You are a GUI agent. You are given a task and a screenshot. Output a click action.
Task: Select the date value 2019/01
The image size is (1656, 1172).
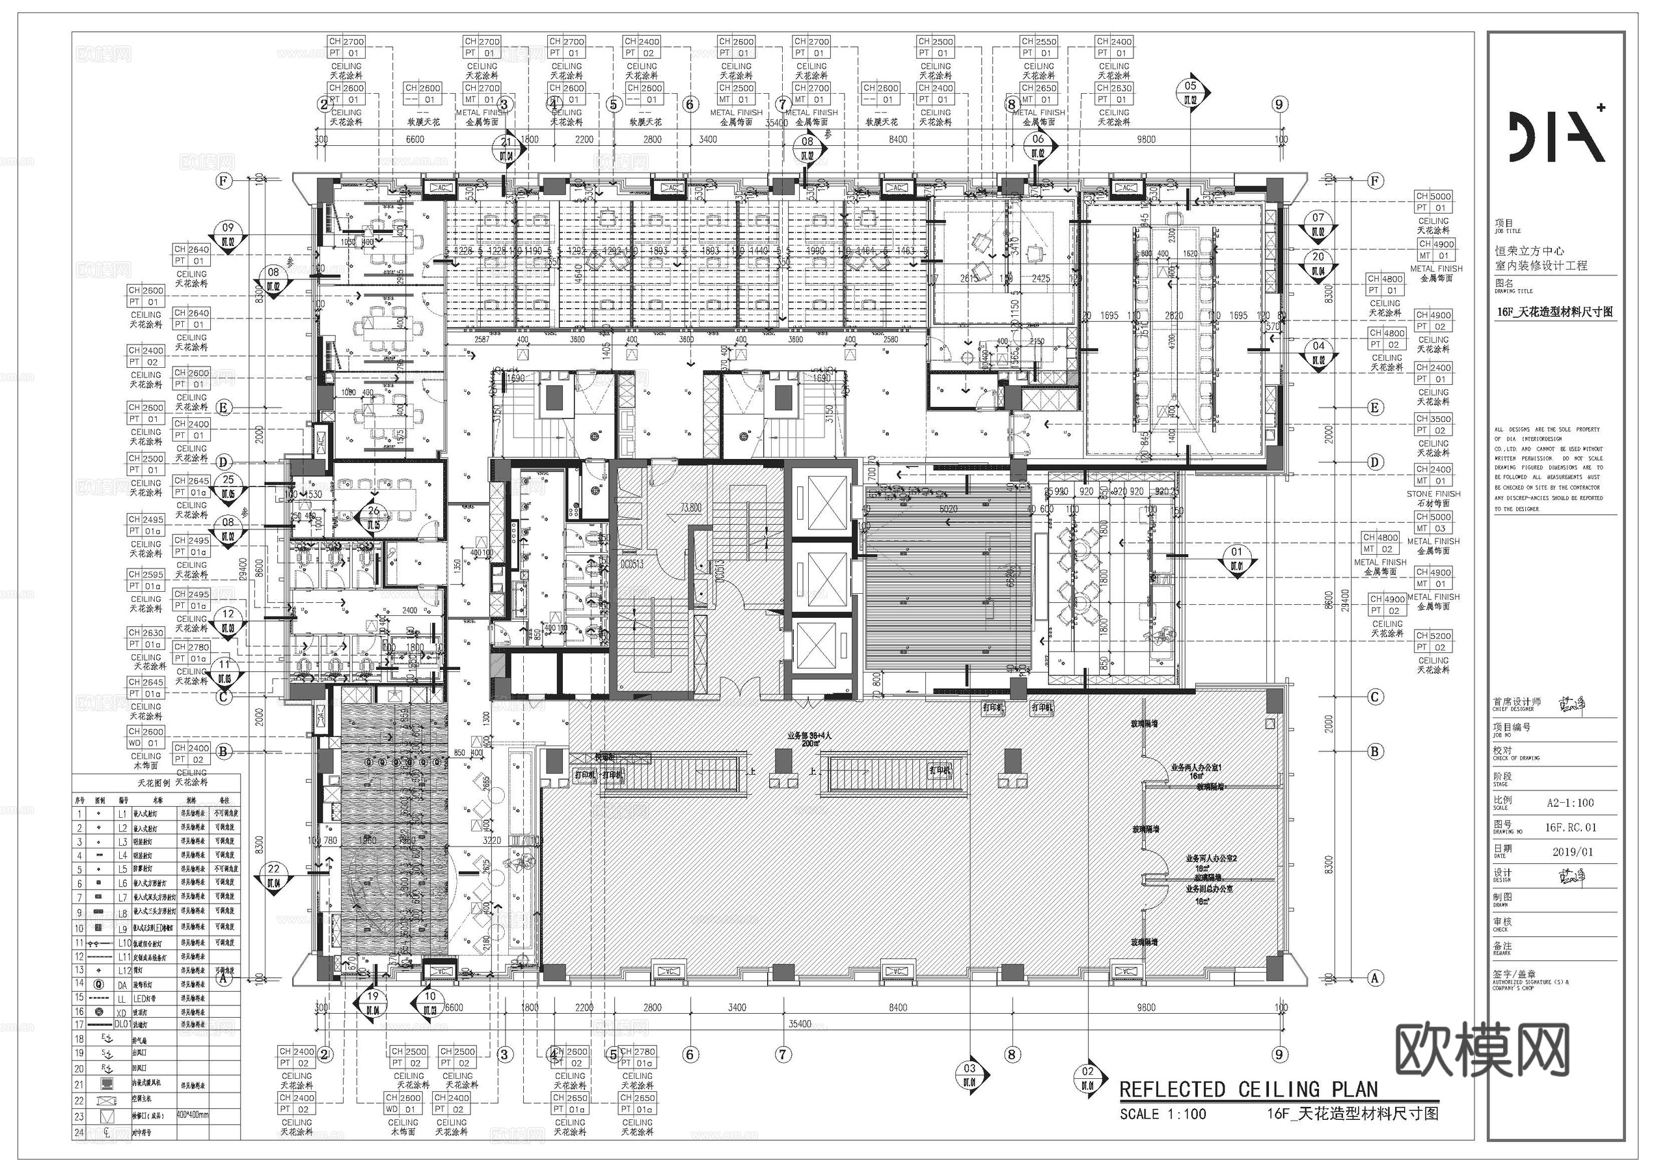point(1572,852)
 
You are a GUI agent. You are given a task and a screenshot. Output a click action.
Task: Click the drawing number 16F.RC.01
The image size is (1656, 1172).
point(1570,827)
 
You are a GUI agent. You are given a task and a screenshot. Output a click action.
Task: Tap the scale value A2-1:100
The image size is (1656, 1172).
point(1570,803)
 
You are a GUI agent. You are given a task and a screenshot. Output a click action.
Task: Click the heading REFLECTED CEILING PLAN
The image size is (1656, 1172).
point(1248,1089)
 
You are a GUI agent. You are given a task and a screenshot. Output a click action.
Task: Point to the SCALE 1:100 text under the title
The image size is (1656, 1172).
point(1163,1114)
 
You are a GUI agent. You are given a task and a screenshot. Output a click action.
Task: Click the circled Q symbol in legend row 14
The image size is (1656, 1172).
point(99,984)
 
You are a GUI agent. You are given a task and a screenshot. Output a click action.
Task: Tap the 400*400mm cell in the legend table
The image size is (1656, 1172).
point(193,1115)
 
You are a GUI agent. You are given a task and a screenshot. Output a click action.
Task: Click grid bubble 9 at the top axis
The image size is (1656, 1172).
point(1279,105)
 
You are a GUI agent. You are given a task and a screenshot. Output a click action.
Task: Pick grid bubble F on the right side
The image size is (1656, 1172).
point(1376,180)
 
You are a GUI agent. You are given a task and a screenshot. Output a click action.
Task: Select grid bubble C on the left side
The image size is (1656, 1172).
point(224,697)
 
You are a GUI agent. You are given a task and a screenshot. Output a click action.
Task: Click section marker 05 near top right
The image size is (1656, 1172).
point(1190,92)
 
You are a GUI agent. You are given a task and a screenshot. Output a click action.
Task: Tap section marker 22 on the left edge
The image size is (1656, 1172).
point(274,874)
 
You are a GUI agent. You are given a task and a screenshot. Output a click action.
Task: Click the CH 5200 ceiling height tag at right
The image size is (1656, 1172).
point(1433,635)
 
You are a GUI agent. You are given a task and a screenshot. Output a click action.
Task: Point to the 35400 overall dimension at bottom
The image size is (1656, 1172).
point(799,1024)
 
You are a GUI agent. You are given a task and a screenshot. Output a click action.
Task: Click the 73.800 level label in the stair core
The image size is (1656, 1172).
point(690,507)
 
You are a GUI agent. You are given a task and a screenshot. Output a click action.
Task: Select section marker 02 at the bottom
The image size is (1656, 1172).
point(1088,1077)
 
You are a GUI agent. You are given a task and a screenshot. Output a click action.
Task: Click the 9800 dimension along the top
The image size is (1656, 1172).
point(1146,139)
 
